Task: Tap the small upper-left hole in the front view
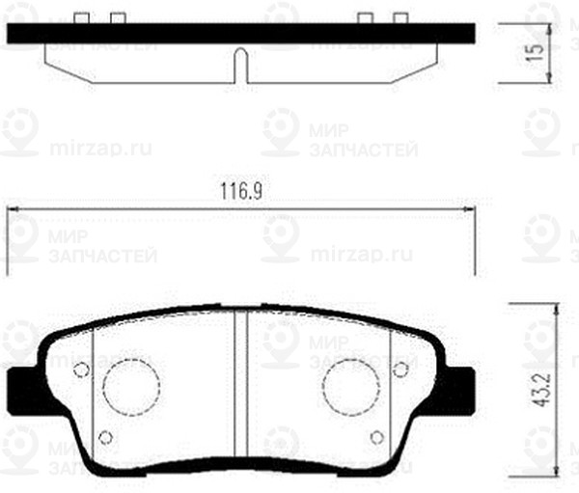point(81,368)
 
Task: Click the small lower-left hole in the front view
point(107,437)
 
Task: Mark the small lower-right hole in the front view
point(373,437)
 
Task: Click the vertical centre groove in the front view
point(241,386)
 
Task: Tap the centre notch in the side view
point(241,66)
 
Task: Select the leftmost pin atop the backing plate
point(84,18)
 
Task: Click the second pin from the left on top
point(117,18)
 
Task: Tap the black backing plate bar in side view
point(241,34)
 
